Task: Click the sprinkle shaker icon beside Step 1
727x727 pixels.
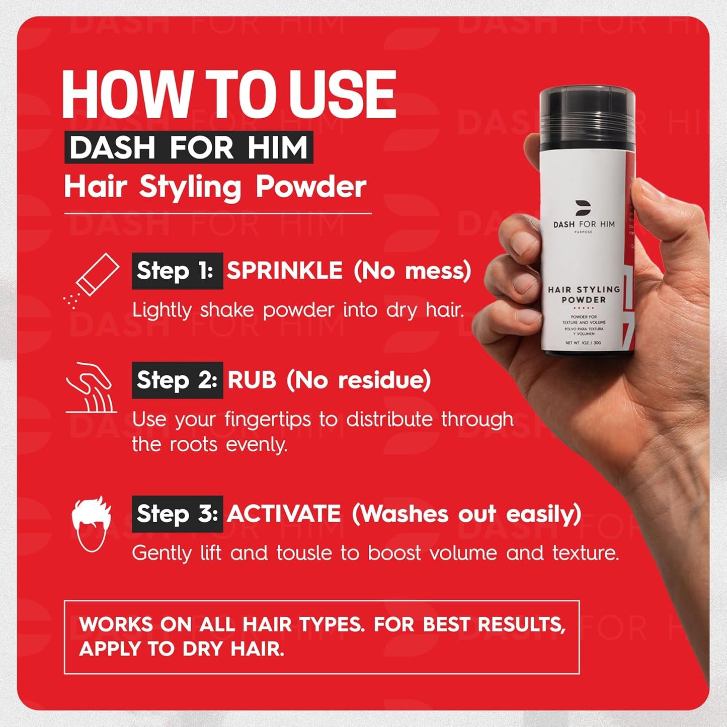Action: tap(93, 279)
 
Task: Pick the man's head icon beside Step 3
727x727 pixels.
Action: tap(91, 523)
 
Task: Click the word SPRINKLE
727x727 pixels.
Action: tap(284, 271)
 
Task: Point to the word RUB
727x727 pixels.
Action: tap(252, 380)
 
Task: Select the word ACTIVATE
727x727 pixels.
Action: tap(284, 514)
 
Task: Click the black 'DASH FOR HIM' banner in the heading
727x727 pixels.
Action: tap(189, 147)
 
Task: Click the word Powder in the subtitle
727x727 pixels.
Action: tap(311, 187)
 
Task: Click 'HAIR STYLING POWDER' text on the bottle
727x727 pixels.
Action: tap(584, 294)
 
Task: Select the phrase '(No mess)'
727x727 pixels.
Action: tap(412, 271)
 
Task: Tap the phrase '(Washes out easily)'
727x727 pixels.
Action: tap(466, 514)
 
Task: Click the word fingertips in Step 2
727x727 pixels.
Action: tap(268, 420)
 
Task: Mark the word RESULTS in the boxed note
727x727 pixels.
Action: tap(521, 624)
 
